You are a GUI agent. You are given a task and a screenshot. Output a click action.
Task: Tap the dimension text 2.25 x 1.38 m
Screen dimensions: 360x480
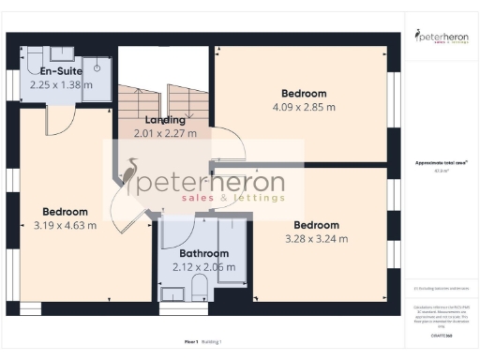pos(62,84)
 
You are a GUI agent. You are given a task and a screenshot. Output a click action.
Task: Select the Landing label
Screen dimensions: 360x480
pos(165,120)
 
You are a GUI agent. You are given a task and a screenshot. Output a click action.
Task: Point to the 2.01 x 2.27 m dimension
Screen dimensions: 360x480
pos(165,133)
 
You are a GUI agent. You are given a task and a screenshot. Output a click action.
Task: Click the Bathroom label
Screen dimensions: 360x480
pos(203,254)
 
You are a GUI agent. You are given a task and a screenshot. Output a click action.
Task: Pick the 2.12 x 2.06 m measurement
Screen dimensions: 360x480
pos(203,267)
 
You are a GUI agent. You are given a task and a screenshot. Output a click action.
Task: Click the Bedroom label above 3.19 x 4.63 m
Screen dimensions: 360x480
pos(65,212)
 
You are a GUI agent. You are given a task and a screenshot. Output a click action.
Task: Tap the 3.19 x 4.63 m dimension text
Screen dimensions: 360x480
pos(65,225)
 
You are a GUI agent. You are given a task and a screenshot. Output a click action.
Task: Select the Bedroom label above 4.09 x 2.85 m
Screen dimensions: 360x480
pos(304,93)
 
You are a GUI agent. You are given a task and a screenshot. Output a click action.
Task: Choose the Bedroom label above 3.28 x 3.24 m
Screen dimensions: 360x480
pos(316,225)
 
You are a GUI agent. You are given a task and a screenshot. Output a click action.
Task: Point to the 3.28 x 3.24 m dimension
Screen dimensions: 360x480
pos(316,238)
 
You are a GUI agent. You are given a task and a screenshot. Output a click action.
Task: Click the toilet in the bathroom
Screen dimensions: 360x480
pos(173,295)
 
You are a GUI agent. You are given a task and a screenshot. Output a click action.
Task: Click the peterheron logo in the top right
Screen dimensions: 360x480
pos(441,38)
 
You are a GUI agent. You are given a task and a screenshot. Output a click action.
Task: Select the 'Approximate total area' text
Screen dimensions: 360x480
pos(440,163)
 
